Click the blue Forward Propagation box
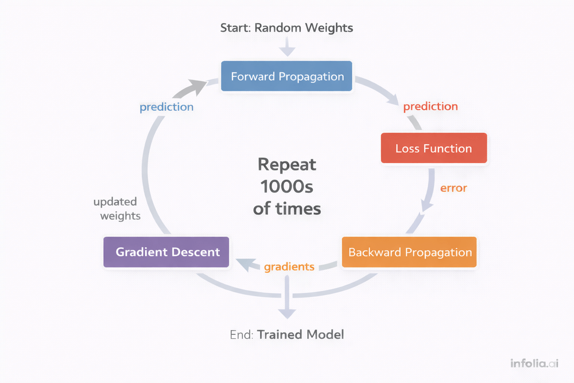point(287,76)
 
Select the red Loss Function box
point(434,149)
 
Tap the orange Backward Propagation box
point(409,252)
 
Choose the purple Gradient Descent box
point(166,252)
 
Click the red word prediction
point(430,106)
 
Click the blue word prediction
point(166,107)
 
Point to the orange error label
point(453,188)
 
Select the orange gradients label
point(289,266)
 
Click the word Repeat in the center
point(287,165)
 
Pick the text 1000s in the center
point(287,187)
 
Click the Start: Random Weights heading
point(287,28)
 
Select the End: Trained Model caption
point(287,334)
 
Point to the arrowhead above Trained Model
point(287,312)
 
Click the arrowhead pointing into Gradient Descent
point(245,264)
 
